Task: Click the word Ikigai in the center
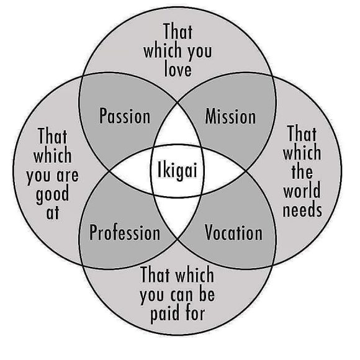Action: pos(178,171)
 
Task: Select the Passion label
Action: pos(125,116)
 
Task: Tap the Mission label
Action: pos(230,117)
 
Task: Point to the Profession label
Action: pos(125,233)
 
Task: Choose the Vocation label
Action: pos(233,233)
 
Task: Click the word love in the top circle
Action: pos(178,70)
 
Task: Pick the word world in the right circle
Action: pos(302,190)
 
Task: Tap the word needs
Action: pos(302,210)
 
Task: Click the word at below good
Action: pos(53,213)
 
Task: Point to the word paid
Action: pos(164,314)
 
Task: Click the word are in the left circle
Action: pos(68,176)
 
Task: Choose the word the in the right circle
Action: pos(302,171)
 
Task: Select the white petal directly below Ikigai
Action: pos(177,214)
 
